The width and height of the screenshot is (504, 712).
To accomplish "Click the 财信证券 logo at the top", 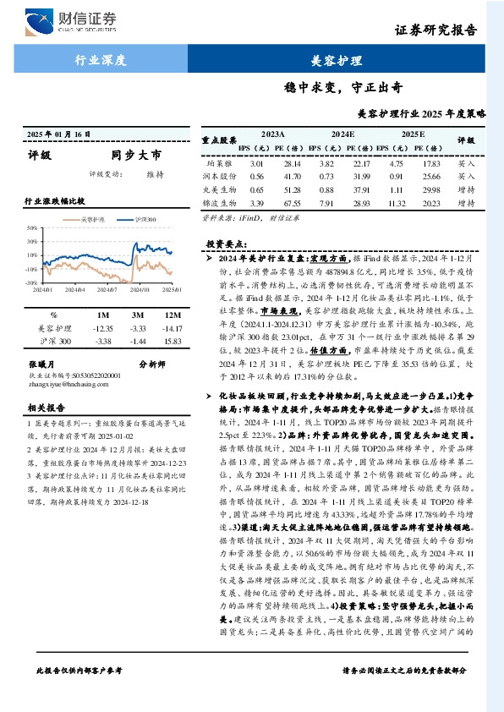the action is tap(71, 19).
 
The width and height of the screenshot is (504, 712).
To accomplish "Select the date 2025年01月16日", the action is tap(58, 134).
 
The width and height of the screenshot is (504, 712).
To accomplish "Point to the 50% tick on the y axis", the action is tap(31, 228).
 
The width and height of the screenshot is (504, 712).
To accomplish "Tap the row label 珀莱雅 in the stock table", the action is tap(216, 163).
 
